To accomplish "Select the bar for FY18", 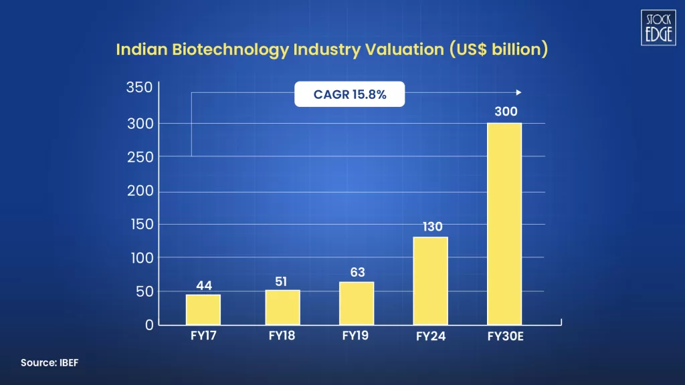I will click(282, 307).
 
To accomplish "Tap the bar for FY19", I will click(357, 303).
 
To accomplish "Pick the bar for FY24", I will click(431, 281).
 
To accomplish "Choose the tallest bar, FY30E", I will click(504, 224).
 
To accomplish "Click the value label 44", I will click(204, 285).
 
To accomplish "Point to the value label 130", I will click(432, 227).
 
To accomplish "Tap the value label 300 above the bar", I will click(506, 112).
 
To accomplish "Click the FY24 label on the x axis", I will click(430, 336).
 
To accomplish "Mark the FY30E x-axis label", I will click(505, 336).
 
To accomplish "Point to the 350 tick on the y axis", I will click(140, 88).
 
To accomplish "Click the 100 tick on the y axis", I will click(140, 257).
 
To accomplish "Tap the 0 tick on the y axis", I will click(149, 325).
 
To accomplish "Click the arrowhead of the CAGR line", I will click(518, 93).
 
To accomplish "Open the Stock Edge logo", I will click(658, 27).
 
